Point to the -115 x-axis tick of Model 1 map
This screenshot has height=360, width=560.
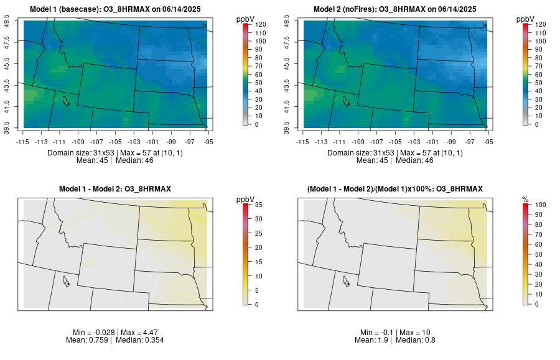[x=23, y=142]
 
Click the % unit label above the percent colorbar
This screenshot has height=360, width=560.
[x=525, y=199]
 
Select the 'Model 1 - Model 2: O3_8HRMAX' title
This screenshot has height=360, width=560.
[x=116, y=188]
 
